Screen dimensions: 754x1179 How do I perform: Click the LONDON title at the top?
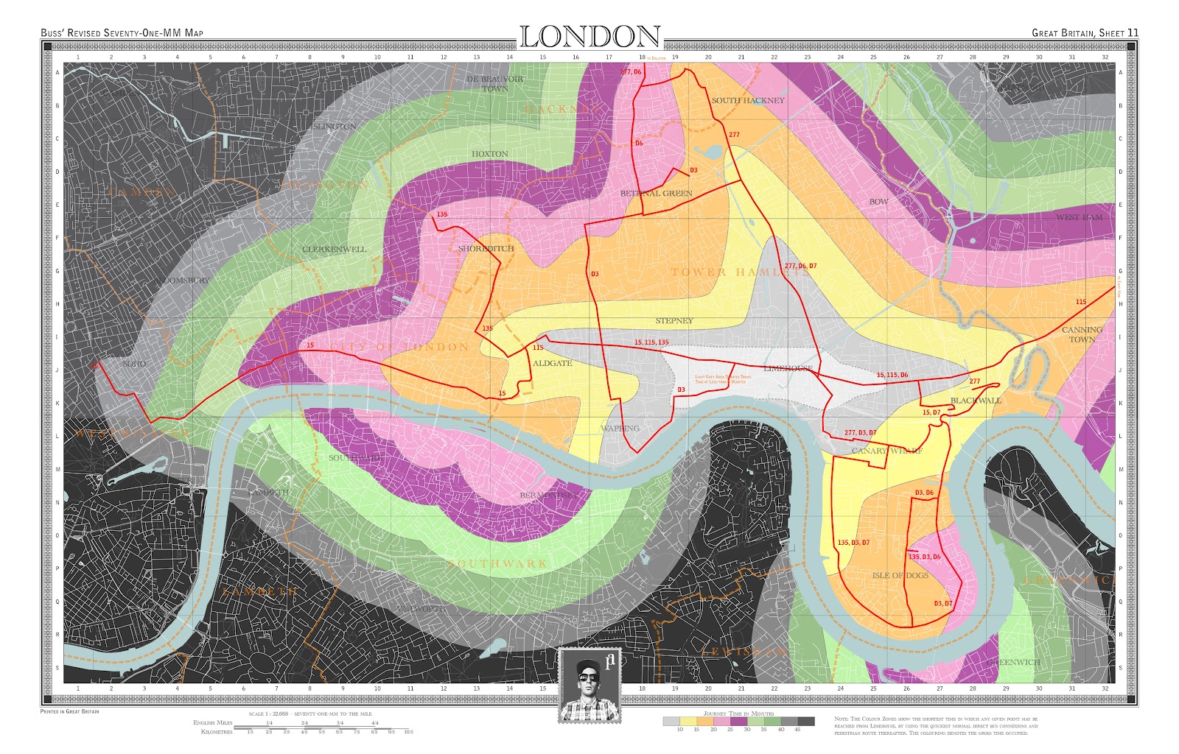click(x=590, y=37)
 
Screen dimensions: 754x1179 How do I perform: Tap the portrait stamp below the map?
click(x=589, y=685)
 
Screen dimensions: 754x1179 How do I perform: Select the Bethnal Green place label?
click(x=656, y=194)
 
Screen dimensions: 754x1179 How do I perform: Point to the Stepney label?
click(x=674, y=321)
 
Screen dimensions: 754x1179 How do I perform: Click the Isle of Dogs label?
click(x=900, y=576)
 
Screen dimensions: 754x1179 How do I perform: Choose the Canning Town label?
click(x=1082, y=334)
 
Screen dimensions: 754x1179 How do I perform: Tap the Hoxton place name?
click(x=490, y=154)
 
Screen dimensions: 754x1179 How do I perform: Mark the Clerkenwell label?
click(x=334, y=250)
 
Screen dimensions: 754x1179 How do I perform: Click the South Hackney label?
click(x=748, y=101)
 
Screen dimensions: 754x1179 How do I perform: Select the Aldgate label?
click(x=552, y=364)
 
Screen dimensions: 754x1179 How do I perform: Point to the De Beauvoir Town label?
click(x=495, y=83)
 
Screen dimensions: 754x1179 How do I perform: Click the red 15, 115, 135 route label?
click(x=651, y=342)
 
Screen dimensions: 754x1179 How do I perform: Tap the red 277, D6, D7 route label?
click(x=800, y=266)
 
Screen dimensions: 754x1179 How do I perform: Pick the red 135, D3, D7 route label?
click(x=853, y=543)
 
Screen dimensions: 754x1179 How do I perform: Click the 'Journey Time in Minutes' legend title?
click(x=738, y=714)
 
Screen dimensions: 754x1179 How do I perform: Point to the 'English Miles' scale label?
click(x=212, y=723)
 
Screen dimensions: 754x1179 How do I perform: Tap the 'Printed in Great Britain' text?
click(x=69, y=711)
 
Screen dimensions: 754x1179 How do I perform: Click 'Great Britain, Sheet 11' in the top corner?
click(x=1085, y=33)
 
